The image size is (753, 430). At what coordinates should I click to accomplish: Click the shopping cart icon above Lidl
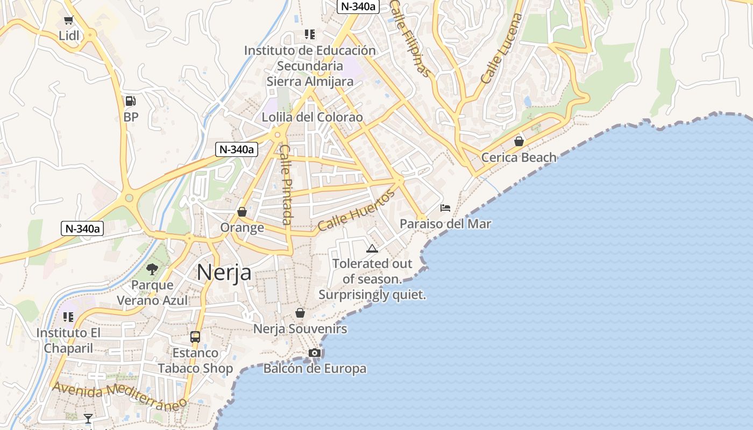click(x=68, y=20)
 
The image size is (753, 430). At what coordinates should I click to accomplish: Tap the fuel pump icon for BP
click(x=130, y=101)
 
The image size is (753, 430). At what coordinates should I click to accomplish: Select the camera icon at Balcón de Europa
click(x=315, y=353)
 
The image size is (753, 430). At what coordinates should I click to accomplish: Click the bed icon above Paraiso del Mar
click(x=445, y=207)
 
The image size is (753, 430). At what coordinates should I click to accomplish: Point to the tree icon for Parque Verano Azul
click(x=153, y=269)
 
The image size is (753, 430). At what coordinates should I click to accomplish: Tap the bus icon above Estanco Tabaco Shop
click(x=195, y=337)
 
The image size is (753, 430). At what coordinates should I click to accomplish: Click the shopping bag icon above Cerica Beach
click(x=519, y=141)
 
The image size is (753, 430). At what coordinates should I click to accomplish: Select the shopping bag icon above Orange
click(x=242, y=212)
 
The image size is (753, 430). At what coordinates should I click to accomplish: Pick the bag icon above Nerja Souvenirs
click(x=300, y=312)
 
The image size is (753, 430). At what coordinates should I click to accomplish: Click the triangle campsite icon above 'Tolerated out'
click(x=372, y=248)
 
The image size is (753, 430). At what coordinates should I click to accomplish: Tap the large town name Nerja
click(x=224, y=273)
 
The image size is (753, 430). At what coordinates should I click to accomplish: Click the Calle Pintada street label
click(x=286, y=184)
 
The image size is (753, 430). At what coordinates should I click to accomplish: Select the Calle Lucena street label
click(x=502, y=48)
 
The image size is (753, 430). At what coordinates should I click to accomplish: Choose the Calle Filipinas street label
click(x=410, y=38)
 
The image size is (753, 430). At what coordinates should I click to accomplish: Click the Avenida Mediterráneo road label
click(x=119, y=395)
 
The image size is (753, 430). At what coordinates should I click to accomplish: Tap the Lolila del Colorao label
click(x=312, y=117)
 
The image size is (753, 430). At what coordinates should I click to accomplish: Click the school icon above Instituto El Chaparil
click(x=68, y=317)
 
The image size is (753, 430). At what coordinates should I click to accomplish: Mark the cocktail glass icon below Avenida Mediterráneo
click(x=88, y=418)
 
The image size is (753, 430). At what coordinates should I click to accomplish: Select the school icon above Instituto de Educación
click(x=309, y=34)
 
